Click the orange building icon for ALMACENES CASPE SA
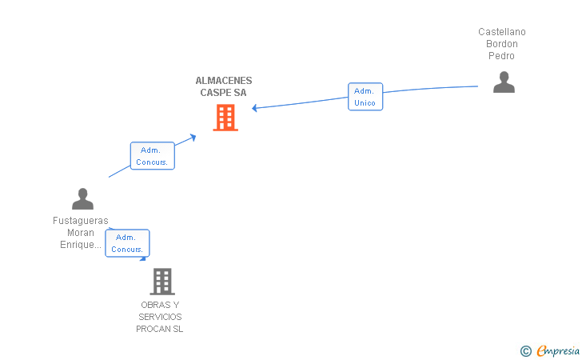(225, 118)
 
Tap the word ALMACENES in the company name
(224, 81)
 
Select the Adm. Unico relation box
(365, 97)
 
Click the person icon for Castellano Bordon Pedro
(504, 82)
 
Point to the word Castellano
(502, 32)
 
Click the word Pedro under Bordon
(501, 56)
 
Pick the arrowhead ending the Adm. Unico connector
(254, 108)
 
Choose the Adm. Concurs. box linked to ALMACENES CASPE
(152, 156)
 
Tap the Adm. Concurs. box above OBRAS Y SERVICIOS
(127, 243)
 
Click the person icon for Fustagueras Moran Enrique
(82, 198)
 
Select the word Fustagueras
(81, 221)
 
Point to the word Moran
(81, 233)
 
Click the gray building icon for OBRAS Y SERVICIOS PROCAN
(162, 282)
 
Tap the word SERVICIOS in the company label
(160, 317)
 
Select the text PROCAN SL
(160, 329)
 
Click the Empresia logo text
(558, 350)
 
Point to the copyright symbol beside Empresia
(526, 351)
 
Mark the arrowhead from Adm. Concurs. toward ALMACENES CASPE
(193, 137)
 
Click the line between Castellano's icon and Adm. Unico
(431, 89)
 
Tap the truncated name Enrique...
(81, 245)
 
